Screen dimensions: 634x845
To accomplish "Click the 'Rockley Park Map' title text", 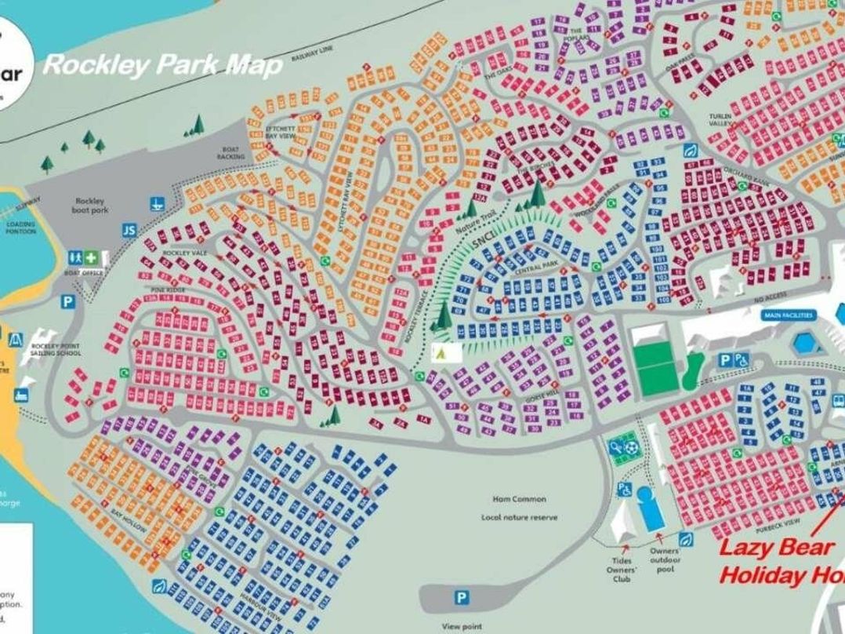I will (x=162, y=64).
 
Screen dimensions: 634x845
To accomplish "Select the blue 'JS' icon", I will (x=129, y=230).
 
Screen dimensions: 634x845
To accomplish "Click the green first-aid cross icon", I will (x=92, y=257).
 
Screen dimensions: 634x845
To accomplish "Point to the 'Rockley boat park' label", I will (x=90, y=206).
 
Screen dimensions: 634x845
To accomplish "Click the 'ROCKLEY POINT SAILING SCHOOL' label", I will (x=56, y=350).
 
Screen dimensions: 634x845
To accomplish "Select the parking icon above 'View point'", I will (x=462, y=598).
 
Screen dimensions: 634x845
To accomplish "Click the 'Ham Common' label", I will (x=519, y=499).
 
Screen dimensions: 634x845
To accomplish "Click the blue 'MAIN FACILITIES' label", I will (x=787, y=315).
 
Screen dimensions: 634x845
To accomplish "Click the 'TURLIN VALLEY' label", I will (x=720, y=120).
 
